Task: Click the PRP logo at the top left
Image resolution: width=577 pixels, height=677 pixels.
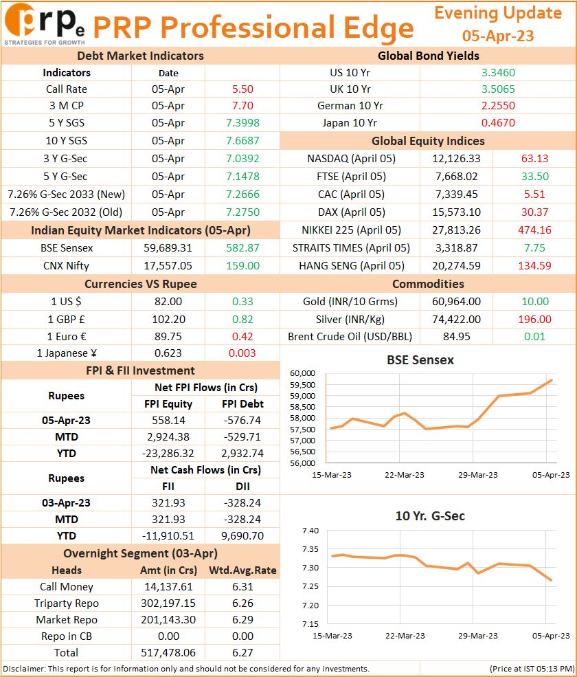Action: click(45, 24)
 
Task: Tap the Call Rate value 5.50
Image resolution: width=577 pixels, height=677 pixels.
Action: click(242, 89)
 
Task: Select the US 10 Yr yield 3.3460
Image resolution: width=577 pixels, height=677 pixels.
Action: click(498, 73)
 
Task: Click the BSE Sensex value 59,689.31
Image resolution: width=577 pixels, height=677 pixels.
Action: click(168, 248)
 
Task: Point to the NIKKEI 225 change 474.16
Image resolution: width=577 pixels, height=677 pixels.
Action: click(534, 230)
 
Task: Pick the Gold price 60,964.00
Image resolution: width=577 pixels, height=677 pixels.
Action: click(457, 301)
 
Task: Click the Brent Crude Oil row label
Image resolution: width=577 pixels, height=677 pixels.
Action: click(350, 337)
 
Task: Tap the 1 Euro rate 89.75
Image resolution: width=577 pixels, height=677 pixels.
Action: click(168, 337)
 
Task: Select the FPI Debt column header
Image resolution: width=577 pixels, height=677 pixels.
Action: click(242, 404)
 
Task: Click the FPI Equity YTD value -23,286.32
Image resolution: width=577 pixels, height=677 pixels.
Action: click(168, 454)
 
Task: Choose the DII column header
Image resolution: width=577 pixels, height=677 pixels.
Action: click(242, 487)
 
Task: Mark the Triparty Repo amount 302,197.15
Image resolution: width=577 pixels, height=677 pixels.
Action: click(168, 603)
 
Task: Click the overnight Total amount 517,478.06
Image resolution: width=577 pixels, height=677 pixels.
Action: click(168, 653)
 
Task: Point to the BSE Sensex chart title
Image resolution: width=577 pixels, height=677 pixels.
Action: click(420, 360)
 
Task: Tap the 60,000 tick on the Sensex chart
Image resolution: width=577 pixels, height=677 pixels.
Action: click(302, 373)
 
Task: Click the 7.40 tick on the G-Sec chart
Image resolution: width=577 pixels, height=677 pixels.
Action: click(310, 531)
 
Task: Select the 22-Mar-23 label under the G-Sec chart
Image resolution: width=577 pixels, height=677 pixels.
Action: click(405, 636)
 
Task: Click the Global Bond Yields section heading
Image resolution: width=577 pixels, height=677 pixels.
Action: click(428, 56)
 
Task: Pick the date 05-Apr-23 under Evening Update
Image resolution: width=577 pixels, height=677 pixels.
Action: click(498, 36)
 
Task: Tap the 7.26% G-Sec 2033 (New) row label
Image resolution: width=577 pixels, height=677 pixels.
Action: click(67, 195)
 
